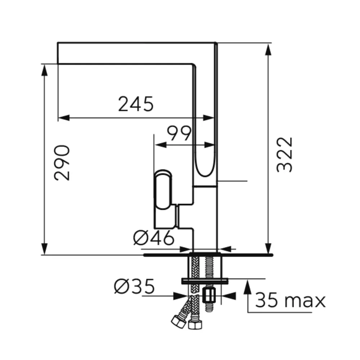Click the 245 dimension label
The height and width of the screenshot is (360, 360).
pyautogui.click(x=136, y=104)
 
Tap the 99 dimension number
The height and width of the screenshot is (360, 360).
pyautogui.click(x=179, y=133)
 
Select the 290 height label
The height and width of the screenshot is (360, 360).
pyautogui.click(x=62, y=163)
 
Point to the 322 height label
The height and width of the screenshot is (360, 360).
pyautogui.click(x=284, y=154)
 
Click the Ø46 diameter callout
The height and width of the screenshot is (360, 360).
pyautogui.click(x=154, y=238)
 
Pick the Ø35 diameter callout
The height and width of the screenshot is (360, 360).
pyautogui.click(x=134, y=287)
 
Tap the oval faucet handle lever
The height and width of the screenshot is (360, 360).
pyautogui.click(x=163, y=190)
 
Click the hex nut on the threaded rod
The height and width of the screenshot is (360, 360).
pyautogui.click(x=209, y=295)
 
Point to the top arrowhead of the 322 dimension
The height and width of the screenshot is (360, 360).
pyautogui.click(x=268, y=50)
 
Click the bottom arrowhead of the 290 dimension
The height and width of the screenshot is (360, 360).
pyautogui.click(x=44, y=249)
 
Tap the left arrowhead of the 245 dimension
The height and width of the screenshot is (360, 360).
pyautogui.click(x=64, y=118)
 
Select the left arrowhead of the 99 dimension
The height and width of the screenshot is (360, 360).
pyautogui.click(x=161, y=145)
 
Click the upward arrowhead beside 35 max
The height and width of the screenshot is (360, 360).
pyautogui.click(x=247, y=285)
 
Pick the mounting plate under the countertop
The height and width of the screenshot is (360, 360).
pyautogui.click(x=205, y=281)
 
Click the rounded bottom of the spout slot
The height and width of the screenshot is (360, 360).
pyautogui.click(x=205, y=172)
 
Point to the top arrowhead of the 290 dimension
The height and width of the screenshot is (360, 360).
pyautogui.click(x=44, y=70)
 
